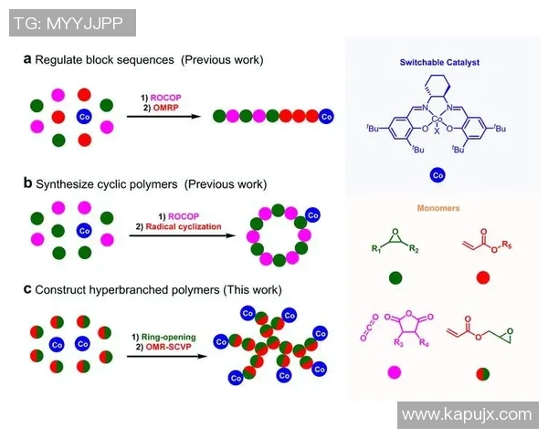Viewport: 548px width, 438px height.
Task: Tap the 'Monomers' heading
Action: pos(441,208)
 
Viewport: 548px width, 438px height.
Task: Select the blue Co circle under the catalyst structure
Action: pos(437,173)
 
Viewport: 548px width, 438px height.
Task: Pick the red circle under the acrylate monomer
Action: pos(482,279)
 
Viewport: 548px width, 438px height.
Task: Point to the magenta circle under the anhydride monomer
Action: pos(395,371)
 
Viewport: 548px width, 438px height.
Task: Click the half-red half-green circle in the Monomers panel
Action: pos(482,371)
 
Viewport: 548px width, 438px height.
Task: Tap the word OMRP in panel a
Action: pos(157,106)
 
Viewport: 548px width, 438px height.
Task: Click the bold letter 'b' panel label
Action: pos(27,183)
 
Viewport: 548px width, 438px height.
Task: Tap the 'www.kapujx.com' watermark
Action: pos(466,414)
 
